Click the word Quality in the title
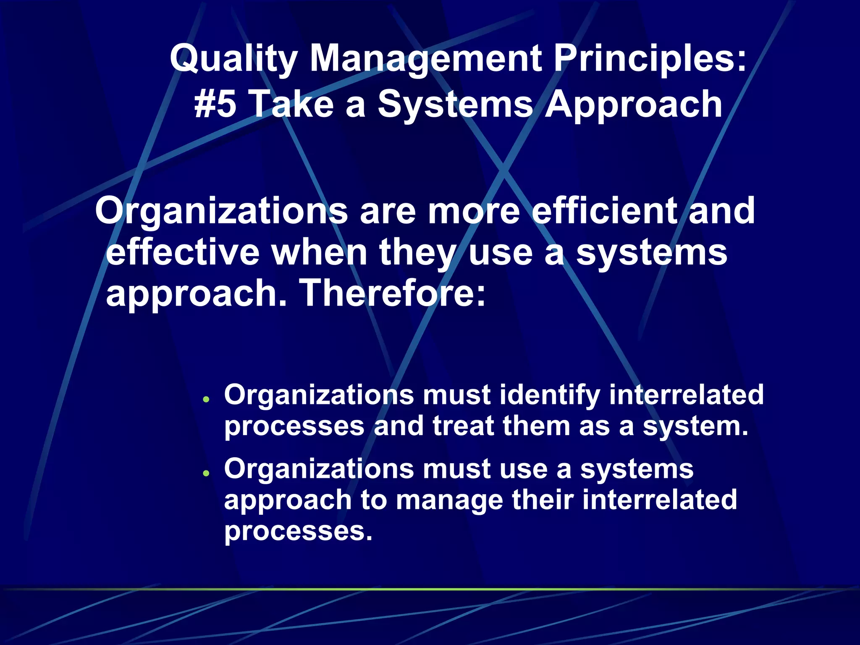(x=233, y=59)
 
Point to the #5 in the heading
(x=215, y=104)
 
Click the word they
(x=417, y=253)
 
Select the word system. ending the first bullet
(x=696, y=427)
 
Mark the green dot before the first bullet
(x=206, y=399)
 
